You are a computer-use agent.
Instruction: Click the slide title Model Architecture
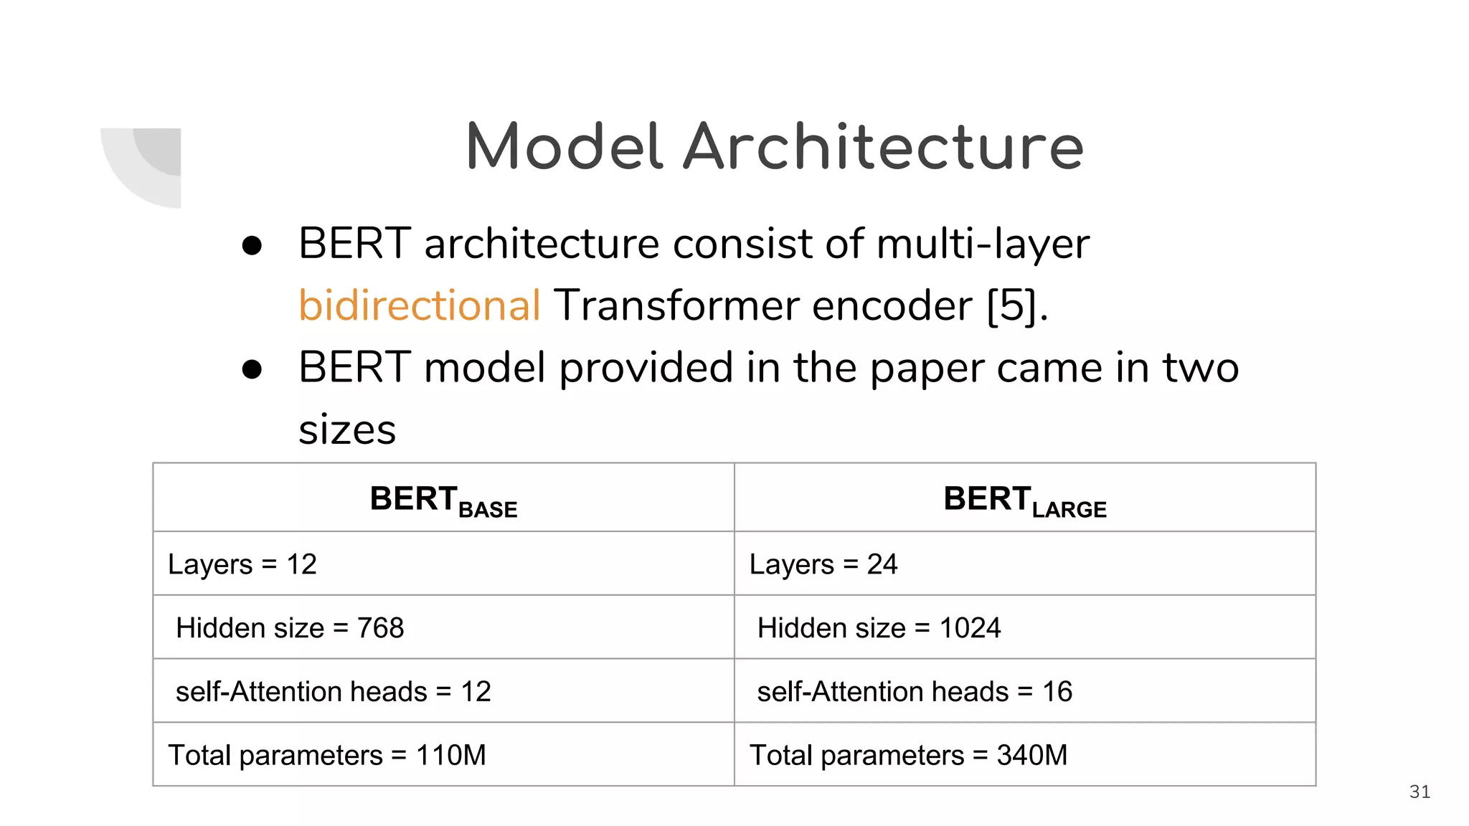pos(775,147)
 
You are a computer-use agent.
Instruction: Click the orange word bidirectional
pos(419,305)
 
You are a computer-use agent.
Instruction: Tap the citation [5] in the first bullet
pos(1011,305)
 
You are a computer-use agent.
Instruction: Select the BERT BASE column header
pos(443,500)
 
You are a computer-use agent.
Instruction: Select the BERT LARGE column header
pos(1024,500)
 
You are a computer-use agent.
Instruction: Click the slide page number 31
pos(1420,792)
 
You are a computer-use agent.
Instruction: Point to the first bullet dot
pos(252,246)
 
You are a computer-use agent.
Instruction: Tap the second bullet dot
pos(252,369)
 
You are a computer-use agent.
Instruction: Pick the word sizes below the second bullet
pos(347,430)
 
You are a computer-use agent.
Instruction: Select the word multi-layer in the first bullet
pos(982,244)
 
